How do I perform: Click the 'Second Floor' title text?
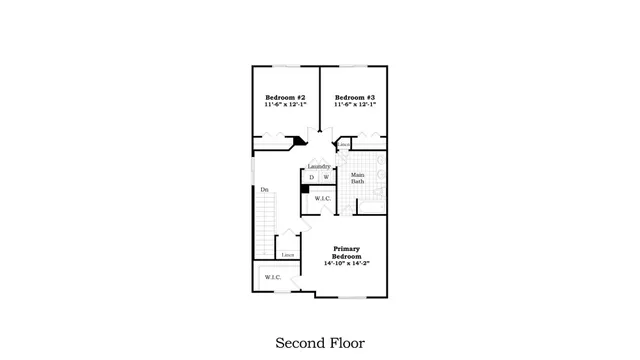(x=320, y=342)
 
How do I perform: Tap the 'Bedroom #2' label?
(x=285, y=97)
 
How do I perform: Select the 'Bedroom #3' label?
(x=354, y=97)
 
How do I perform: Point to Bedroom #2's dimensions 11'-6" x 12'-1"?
(x=285, y=105)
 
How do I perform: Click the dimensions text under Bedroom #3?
(x=354, y=105)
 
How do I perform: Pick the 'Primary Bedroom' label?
(x=346, y=253)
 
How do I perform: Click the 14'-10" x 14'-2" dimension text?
(x=346, y=265)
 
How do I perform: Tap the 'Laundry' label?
(x=319, y=166)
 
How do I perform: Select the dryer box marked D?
(x=311, y=177)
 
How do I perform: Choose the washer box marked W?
(x=325, y=177)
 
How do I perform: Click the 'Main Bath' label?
(x=357, y=179)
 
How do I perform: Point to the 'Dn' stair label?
(x=264, y=190)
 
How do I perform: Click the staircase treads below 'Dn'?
(x=264, y=215)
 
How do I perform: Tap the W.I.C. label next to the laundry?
(x=322, y=199)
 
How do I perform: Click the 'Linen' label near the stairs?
(x=287, y=256)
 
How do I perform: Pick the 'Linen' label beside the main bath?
(x=343, y=144)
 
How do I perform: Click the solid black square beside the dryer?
(x=304, y=189)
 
